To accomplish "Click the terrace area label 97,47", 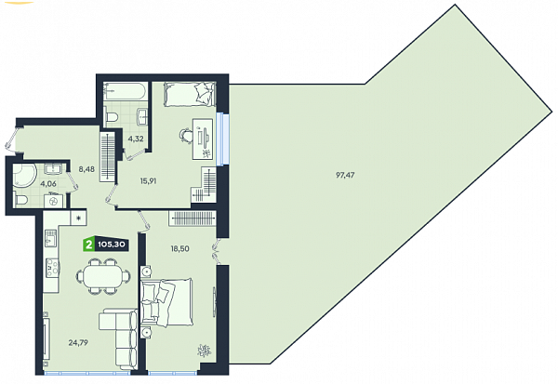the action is [345, 175].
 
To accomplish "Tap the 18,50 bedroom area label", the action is [179, 248].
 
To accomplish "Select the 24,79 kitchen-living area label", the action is [78, 343].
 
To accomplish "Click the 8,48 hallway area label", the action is [86, 169].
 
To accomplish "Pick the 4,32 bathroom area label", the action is [136, 139].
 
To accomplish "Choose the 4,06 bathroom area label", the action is [48, 184].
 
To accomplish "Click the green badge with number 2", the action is [88, 245].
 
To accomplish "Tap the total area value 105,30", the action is [112, 245].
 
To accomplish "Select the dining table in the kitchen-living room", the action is [103, 276].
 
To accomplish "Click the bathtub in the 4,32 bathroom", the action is [126, 91].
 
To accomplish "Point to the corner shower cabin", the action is [24, 176].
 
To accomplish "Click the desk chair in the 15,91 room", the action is [185, 135].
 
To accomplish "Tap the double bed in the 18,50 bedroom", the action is [167, 302].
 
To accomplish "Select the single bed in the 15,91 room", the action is [190, 94].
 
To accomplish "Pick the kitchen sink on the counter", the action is [50, 238].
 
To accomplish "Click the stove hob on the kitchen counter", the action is [52, 267].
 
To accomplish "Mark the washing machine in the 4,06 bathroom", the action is [53, 201].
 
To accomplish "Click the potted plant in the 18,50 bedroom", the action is [205, 351].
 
